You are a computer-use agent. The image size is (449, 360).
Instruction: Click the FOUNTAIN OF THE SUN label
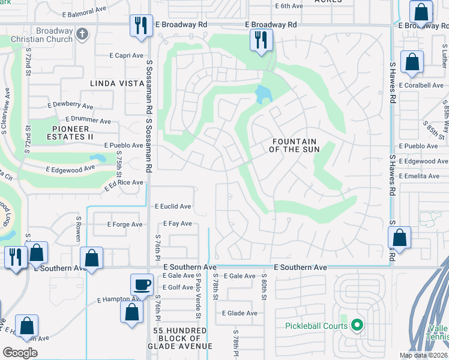pyautogui.click(x=294, y=145)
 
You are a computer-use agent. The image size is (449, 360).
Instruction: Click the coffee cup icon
pyautogui.click(x=142, y=284)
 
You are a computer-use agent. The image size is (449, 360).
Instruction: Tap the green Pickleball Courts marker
pyautogui.click(x=357, y=326)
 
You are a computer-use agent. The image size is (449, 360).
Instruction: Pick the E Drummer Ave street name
pyautogui.click(x=88, y=120)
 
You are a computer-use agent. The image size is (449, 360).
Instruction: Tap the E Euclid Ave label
pyautogui.click(x=173, y=206)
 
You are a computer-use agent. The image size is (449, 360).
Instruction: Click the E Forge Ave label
pyautogui.click(x=125, y=224)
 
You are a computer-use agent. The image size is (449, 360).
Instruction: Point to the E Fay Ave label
pyautogui.click(x=177, y=224)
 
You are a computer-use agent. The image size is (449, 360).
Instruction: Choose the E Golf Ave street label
pyautogui.click(x=177, y=287)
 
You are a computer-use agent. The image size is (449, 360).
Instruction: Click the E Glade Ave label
pyautogui.click(x=240, y=313)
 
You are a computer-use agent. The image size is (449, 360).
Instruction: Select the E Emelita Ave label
pyautogui.click(x=422, y=176)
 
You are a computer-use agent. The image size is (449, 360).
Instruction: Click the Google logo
pyautogui.click(x=20, y=353)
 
